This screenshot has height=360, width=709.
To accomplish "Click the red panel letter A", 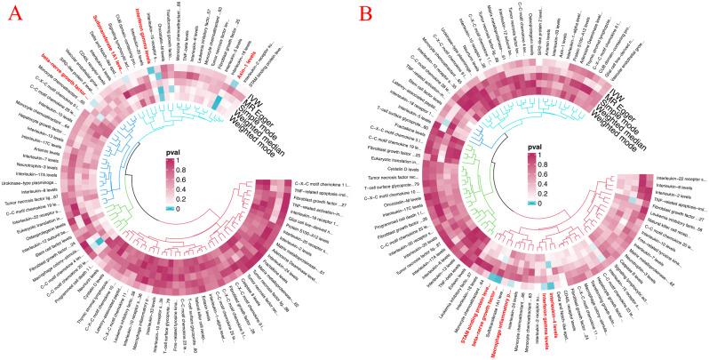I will coord(15,15).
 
